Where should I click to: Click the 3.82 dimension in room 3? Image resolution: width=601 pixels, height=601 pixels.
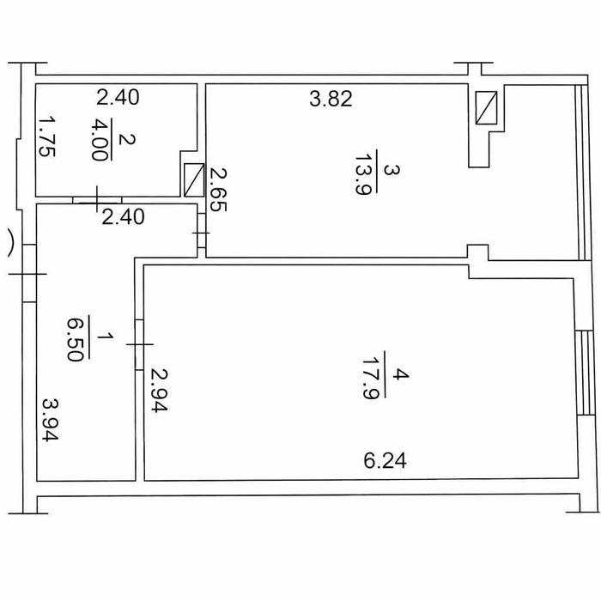click(331, 99)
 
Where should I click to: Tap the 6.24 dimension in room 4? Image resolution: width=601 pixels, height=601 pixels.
click(385, 460)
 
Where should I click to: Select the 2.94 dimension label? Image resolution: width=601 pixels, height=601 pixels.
click(159, 390)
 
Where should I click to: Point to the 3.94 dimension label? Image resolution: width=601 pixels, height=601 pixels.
click(50, 420)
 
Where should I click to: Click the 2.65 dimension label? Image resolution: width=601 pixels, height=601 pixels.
click(218, 190)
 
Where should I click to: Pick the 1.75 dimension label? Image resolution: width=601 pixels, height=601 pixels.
click(47, 137)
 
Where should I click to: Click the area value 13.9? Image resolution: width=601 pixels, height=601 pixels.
click(363, 174)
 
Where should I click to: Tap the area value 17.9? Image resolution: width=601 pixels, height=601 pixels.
click(370, 379)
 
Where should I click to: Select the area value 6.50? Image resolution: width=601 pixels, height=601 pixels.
click(75, 339)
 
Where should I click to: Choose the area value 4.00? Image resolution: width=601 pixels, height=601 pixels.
click(100, 139)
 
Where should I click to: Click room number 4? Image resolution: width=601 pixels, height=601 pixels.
click(401, 374)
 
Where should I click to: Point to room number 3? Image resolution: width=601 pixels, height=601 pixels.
click(392, 170)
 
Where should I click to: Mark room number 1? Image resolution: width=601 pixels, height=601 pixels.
click(106, 337)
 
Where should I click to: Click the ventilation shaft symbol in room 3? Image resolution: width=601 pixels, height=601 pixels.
click(487, 107)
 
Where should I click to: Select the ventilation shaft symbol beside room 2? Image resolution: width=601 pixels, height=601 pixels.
click(194, 180)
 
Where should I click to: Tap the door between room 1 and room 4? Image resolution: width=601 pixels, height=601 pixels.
click(139, 344)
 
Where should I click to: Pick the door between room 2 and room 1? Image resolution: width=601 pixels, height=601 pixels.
click(97, 199)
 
